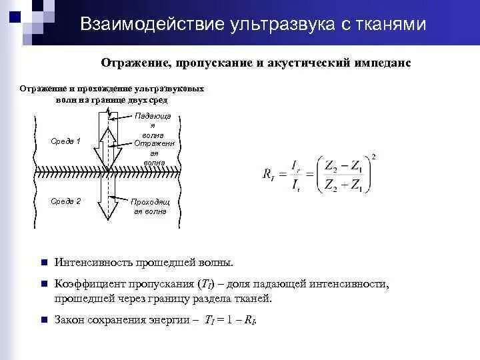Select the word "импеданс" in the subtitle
[x=382, y=63]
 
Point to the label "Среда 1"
[x=65, y=141]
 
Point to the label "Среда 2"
[x=65, y=201]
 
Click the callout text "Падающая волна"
[x=153, y=125]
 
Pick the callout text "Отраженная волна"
[x=153, y=153]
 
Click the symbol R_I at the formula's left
[x=269, y=175]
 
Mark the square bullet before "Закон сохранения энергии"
[x=42, y=320]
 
